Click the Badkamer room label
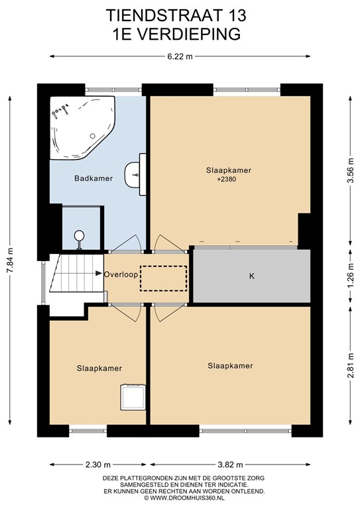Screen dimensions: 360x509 (x=93, y=178)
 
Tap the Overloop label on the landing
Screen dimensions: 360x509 (x=121, y=274)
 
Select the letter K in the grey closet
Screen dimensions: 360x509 (x=251, y=276)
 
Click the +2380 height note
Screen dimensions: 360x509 (x=227, y=178)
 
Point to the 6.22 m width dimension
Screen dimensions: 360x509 (x=180, y=56)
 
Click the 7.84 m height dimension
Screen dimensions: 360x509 (x=11, y=260)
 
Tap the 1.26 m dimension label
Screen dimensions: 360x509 (x=350, y=276)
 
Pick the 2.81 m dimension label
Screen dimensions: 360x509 (x=350, y=366)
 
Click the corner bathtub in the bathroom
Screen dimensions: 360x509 (x=82, y=127)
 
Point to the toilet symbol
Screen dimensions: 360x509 (x=79, y=239)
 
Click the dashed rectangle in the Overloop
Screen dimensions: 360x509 (x=163, y=278)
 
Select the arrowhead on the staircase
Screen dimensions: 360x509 (x=99, y=273)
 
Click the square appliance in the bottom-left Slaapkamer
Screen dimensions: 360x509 (x=133, y=397)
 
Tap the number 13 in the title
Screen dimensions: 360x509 (x=235, y=16)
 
